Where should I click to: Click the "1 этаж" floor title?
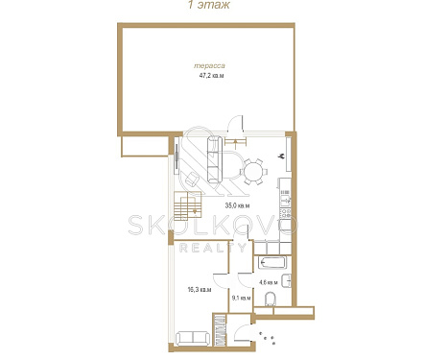[x=208, y=5]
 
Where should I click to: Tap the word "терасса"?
[x=209, y=66]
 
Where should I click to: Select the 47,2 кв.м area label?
[x=211, y=76]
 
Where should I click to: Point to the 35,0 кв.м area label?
[x=237, y=205]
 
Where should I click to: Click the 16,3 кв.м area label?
[x=200, y=290]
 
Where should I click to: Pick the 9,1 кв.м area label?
[x=241, y=298]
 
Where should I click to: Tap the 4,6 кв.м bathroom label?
[x=269, y=282]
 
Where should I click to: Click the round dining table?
[x=253, y=172]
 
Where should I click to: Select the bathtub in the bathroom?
[x=271, y=263]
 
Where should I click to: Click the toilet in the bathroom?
[x=271, y=299]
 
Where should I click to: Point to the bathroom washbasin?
[x=286, y=281]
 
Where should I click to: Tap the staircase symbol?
[x=187, y=205]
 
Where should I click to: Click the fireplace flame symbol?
[x=282, y=156]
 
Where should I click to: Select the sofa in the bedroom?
[x=193, y=338]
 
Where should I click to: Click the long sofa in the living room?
[x=215, y=159]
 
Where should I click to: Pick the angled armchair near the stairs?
[x=193, y=180]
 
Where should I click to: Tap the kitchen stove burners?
[x=286, y=213]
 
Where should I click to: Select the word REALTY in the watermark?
[x=213, y=248]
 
